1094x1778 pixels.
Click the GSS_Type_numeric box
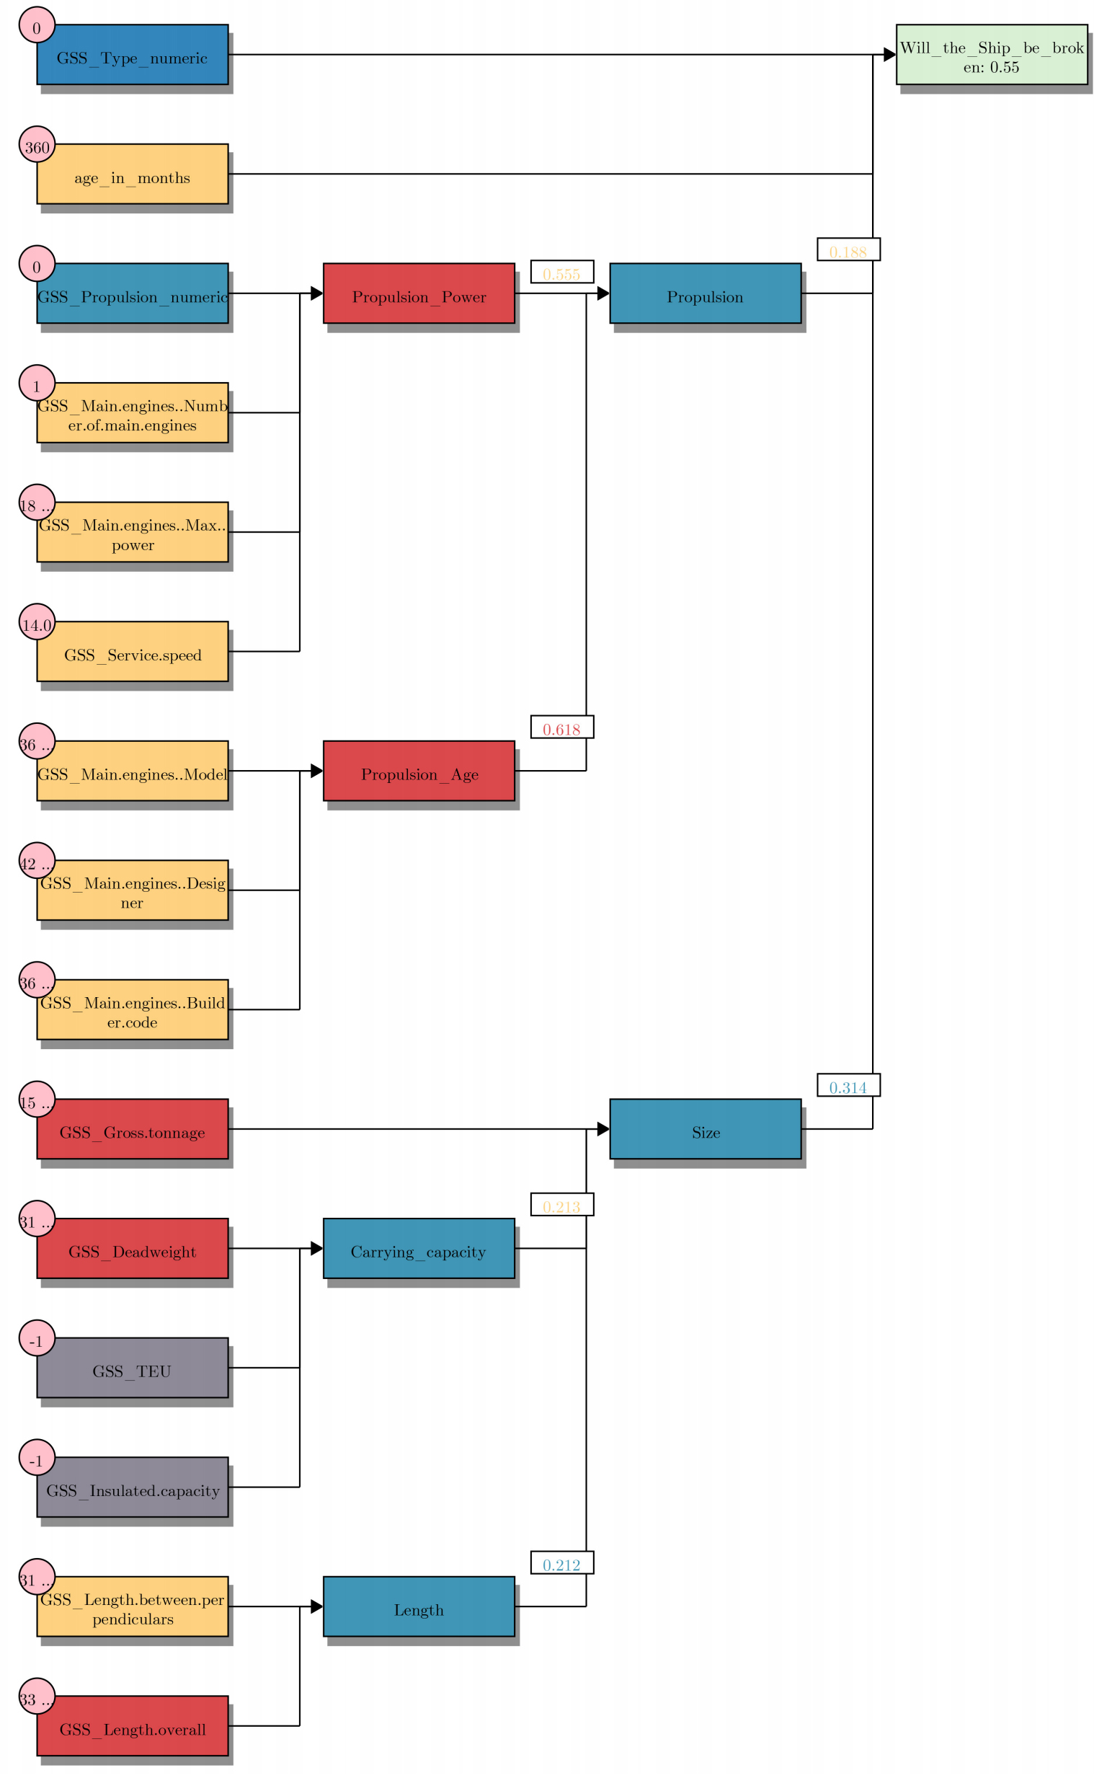(x=133, y=54)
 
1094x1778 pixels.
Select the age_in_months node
(x=133, y=174)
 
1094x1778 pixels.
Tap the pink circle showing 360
(x=37, y=145)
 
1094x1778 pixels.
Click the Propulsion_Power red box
(x=419, y=293)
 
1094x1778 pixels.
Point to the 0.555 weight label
(x=562, y=272)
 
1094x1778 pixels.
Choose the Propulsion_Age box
(x=419, y=771)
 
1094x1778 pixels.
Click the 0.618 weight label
(x=562, y=727)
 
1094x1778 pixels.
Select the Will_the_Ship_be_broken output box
(x=991, y=54)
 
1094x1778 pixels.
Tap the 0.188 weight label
(x=849, y=249)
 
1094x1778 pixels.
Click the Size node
(x=706, y=1129)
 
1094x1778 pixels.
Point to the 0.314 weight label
(x=849, y=1085)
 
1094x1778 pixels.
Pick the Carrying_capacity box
(x=419, y=1248)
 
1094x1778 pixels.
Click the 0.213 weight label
(x=562, y=1205)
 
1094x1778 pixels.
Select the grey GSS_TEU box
(x=133, y=1368)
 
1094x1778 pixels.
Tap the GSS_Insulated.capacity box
(x=133, y=1487)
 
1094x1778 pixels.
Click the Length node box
(x=419, y=1606)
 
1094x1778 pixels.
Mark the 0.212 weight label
(x=562, y=1563)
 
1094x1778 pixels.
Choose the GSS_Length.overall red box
(x=133, y=1726)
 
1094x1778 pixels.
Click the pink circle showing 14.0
(x=37, y=622)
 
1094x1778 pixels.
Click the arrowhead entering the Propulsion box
(x=602, y=293)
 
